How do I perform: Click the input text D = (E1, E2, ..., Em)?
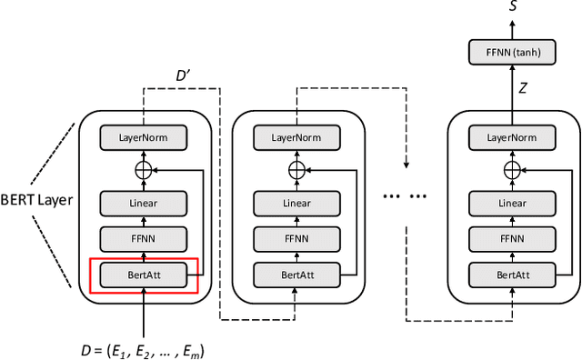(145, 347)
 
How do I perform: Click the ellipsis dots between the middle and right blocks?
(406, 199)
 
